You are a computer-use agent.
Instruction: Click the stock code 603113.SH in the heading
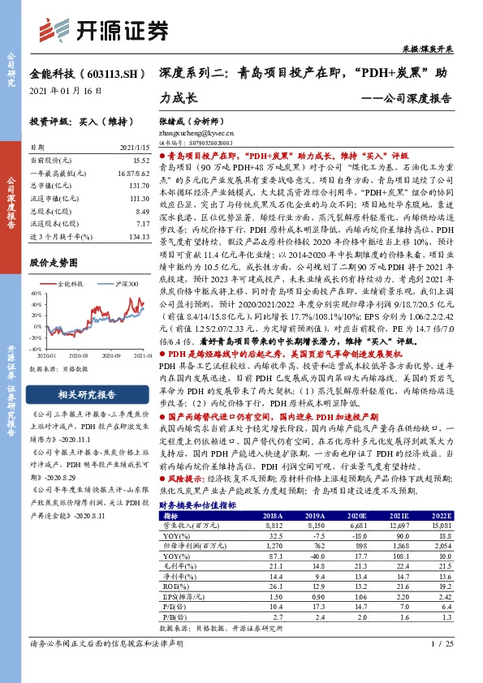pos(106,73)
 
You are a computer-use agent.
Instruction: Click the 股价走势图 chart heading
pos(54,263)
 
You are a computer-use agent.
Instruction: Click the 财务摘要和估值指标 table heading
pos(198,504)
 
